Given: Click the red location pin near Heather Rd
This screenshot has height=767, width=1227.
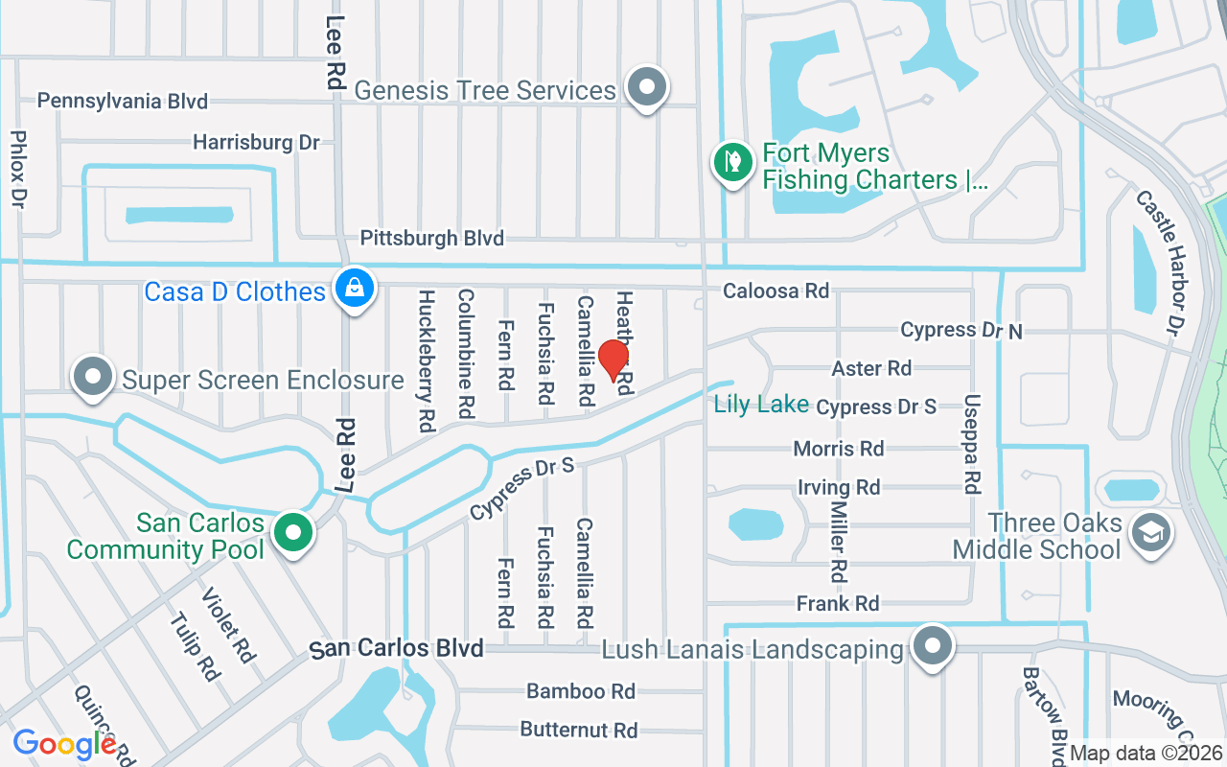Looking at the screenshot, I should pyautogui.click(x=613, y=360).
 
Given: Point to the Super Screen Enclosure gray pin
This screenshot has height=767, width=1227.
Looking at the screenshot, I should pyautogui.click(x=93, y=378).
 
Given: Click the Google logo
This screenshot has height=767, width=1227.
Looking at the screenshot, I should pyautogui.click(x=64, y=743).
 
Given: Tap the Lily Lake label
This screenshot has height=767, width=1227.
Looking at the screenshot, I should pyautogui.click(x=761, y=405).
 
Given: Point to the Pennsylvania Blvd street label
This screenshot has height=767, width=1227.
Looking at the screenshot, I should pyautogui.click(x=123, y=101).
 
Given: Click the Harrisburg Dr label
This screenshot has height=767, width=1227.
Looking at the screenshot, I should pyautogui.click(x=256, y=142).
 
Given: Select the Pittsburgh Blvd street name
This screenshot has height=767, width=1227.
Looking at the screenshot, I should pyautogui.click(x=431, y=238).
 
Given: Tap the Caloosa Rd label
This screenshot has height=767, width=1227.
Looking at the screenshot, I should pyautogui.click(x=776, y=291).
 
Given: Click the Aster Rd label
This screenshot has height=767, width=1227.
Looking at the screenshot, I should pyautogui.click(x=871, y=368).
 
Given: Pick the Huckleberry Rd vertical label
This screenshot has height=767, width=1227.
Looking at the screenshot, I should pyautogui.click(x=427, y=360).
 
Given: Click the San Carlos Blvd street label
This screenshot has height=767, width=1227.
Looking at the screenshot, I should pyautogui.click(x=397, y=649).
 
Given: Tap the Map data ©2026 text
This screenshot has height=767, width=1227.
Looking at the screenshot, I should pyautogui.click(x=1146, y=754).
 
